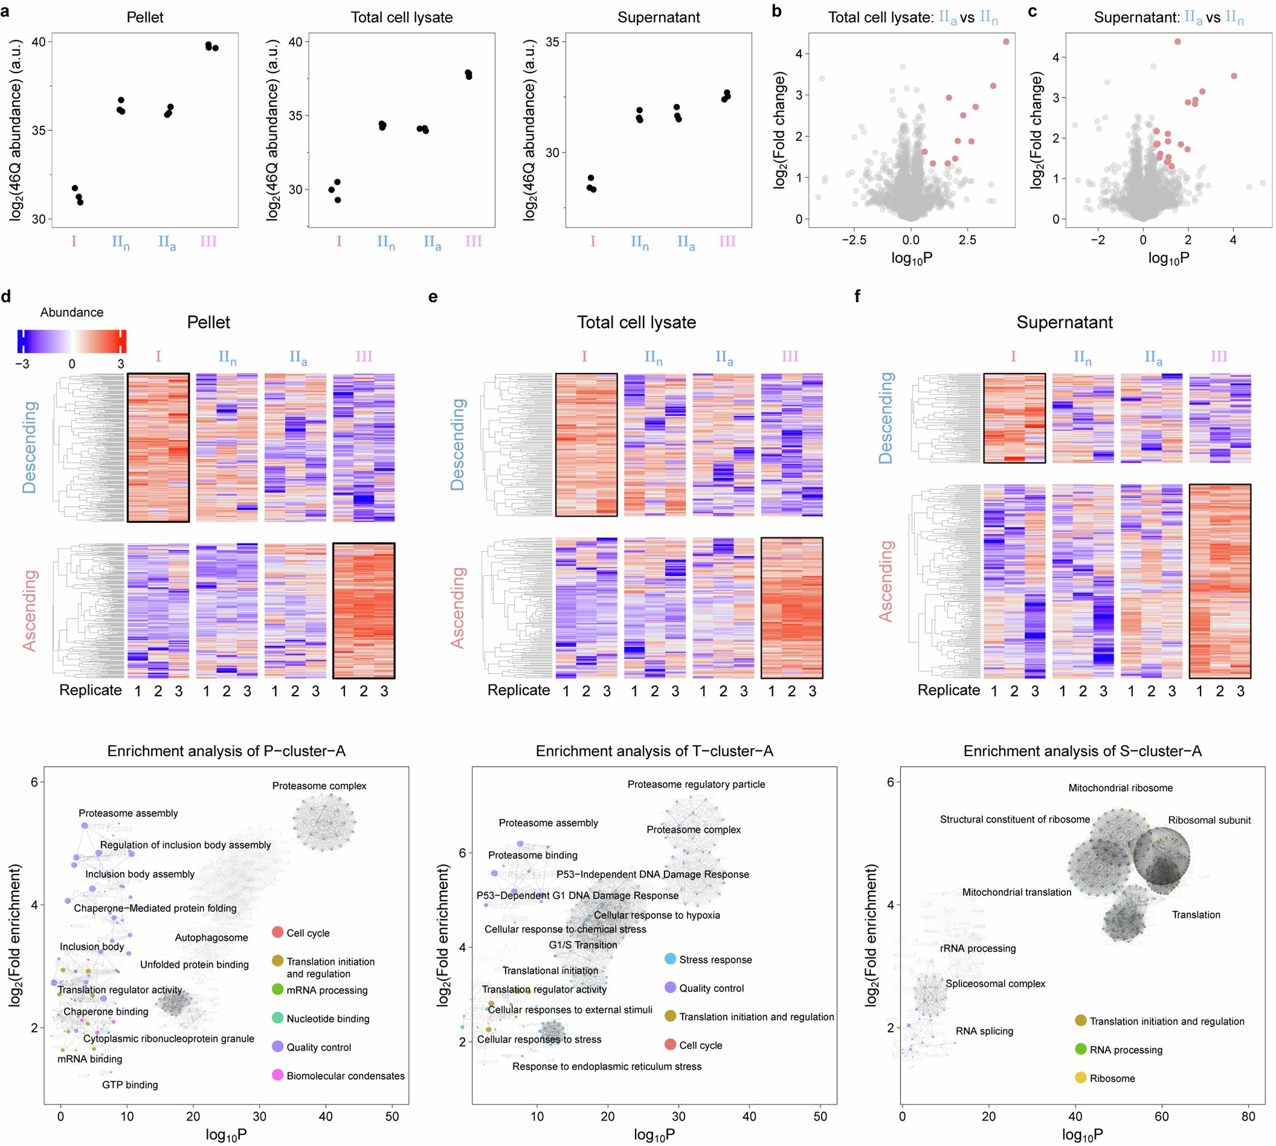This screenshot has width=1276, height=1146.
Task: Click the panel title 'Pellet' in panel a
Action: (145, 17)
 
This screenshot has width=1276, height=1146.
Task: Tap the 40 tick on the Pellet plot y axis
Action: (39, 42)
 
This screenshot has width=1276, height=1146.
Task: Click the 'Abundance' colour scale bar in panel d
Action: (72, 341)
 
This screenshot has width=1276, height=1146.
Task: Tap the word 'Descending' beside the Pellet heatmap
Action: (29, 447)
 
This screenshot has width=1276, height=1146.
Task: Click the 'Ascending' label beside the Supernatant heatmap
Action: (886, 581)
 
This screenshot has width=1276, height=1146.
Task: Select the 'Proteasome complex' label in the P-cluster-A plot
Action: (319, 786)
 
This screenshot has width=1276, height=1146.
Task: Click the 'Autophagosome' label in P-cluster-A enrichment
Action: (211, 937)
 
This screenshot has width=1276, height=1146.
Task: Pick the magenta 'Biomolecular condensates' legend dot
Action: (277, 1075)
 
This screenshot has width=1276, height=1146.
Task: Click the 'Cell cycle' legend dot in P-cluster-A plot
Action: (277, 933)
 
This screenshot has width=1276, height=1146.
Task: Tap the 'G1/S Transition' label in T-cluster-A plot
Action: (583, 945)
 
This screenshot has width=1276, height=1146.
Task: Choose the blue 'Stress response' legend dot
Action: (671, 960)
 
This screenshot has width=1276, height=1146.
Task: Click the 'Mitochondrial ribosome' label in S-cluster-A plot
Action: (1121, 788)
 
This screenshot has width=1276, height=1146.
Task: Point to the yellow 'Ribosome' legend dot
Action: (1080, 1078)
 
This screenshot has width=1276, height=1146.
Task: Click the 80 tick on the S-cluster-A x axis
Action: (1248, 1116)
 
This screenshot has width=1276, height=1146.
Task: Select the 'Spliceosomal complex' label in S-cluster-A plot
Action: (995, 983)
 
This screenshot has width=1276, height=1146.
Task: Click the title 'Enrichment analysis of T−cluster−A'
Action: (654, 751)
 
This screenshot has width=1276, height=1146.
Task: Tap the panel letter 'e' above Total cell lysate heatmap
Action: (433, 297)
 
